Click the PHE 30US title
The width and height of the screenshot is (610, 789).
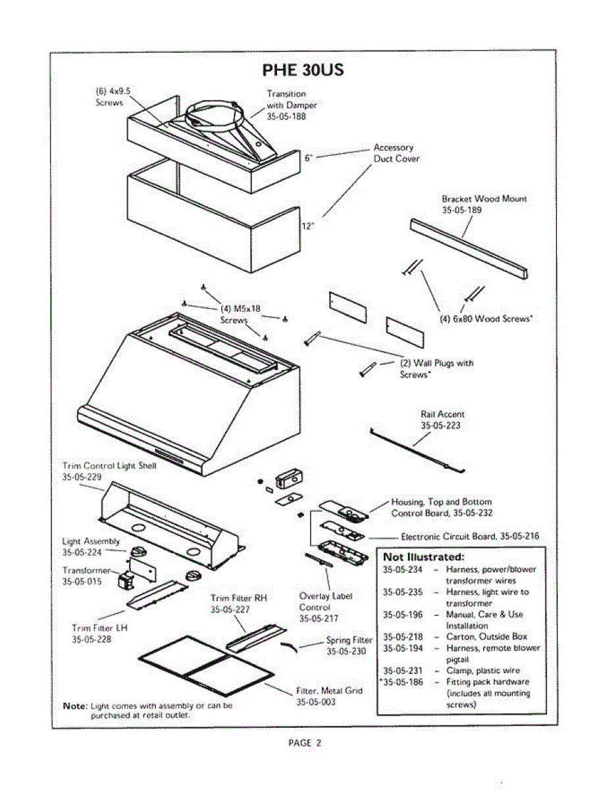pyautogui.click(x=303, y=69)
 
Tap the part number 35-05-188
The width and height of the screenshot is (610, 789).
pyautogui.click(x=286, y=116)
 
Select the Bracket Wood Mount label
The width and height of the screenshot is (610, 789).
pyautogui.click(x=484, y=199)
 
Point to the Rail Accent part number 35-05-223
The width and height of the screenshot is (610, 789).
pyautogui.click(x=441, y=425)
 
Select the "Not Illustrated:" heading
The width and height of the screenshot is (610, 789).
pyautogui.click(x=424, y=557)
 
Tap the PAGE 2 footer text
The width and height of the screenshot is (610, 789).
pyautogui.click(x=305, y=743)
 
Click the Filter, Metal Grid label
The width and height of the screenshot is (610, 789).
pyautogui.click(x=329, y=690)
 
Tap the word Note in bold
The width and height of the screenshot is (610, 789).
pyautogui.click(x=75, y=705)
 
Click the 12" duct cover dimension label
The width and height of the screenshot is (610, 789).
pyautogui.click(x=307, y=226)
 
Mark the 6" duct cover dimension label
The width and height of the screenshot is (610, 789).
pyautogui.click(x=309, y=158)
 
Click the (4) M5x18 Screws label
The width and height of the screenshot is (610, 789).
pyautogui.click(x=241, y=313)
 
